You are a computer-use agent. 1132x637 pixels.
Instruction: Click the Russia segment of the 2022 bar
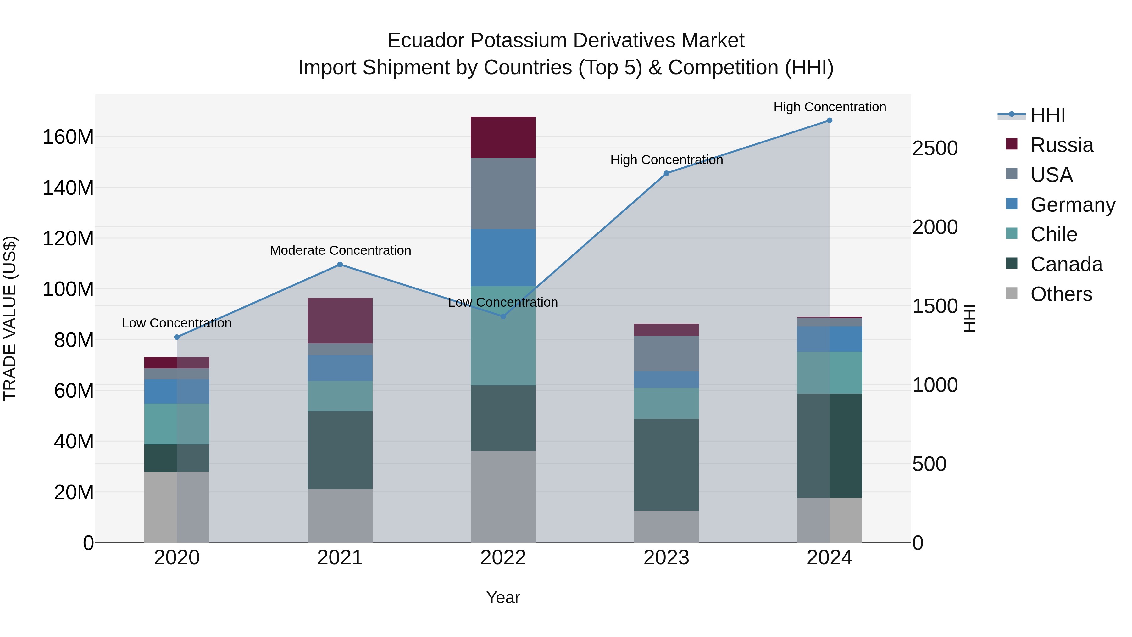(x=503, y=137)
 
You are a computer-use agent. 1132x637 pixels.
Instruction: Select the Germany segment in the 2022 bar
(x=503, y=258)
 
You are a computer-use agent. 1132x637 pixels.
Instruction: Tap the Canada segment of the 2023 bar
(x=666, y=464)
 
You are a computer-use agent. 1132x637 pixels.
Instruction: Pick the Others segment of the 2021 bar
(x=340, y=515)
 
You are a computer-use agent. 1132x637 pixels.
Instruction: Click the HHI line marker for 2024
(x=829, y=120)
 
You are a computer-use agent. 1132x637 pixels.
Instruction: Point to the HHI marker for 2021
(x=340, y=265)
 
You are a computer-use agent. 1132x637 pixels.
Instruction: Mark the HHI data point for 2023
(x=666, y=173)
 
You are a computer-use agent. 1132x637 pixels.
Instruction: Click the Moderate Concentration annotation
(x=340, y=251)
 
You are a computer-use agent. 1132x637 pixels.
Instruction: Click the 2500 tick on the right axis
(x=935, y=148)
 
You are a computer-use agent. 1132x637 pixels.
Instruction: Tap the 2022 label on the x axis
(x=503, y=558)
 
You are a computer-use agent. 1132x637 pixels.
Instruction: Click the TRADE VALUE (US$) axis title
(x=10, y=318)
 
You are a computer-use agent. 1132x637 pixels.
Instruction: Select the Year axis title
(x=503, y=597)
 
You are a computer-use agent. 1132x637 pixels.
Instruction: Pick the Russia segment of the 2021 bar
(x=340, y=321)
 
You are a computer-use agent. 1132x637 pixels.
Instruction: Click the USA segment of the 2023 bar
(x=666, y=354)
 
